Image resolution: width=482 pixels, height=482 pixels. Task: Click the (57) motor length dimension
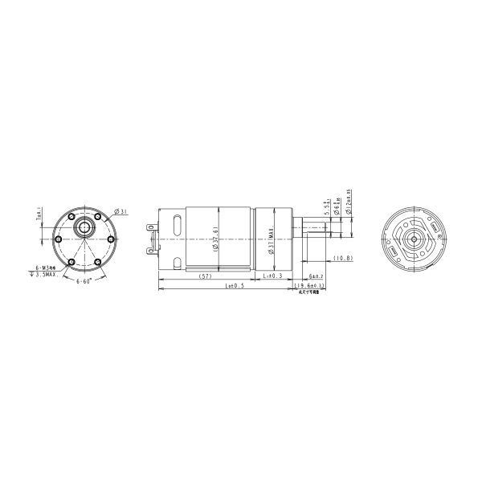point(205,276)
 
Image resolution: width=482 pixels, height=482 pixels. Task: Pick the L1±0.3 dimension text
point(274,276)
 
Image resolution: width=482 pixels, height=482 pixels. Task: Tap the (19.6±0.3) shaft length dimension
point(309,285)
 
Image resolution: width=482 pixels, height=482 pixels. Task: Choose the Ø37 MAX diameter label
point(273,241)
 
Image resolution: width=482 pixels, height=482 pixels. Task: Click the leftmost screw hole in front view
point(58,239)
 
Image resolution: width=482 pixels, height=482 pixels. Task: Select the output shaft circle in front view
point(83,227)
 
